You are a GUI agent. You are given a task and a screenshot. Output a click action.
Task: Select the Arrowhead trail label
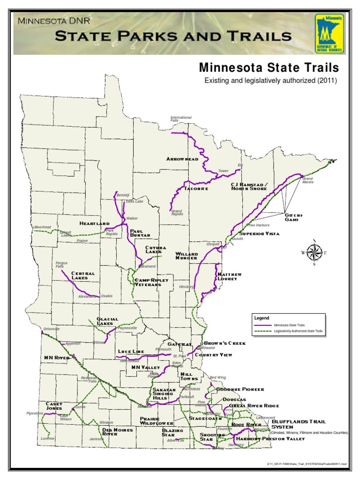(x=182, y=159)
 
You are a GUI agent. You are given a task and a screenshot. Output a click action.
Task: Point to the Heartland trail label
(x=94, y=223)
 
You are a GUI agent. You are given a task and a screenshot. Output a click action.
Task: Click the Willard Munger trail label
(x=187, y=256)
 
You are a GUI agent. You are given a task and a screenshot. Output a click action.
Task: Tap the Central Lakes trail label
(x=83, y=276)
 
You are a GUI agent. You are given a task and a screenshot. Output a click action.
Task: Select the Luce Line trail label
(x=131, y=352)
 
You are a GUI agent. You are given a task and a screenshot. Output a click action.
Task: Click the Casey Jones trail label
(x=54, y=406)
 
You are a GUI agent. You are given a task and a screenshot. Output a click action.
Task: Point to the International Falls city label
(x=181, y=119)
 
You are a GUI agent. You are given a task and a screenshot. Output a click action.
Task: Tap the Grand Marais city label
(x=307, y=180)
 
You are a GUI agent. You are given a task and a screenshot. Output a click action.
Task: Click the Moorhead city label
(x=43, y=227)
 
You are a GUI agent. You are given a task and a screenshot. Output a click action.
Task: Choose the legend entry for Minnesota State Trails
(x=286, y=324)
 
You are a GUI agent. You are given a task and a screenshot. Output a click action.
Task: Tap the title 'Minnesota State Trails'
(x=269, y=68)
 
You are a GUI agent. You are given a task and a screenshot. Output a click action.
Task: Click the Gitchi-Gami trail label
(x=294, y=217)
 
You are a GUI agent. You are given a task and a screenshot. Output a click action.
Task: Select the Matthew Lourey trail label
(x=229, y=277)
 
